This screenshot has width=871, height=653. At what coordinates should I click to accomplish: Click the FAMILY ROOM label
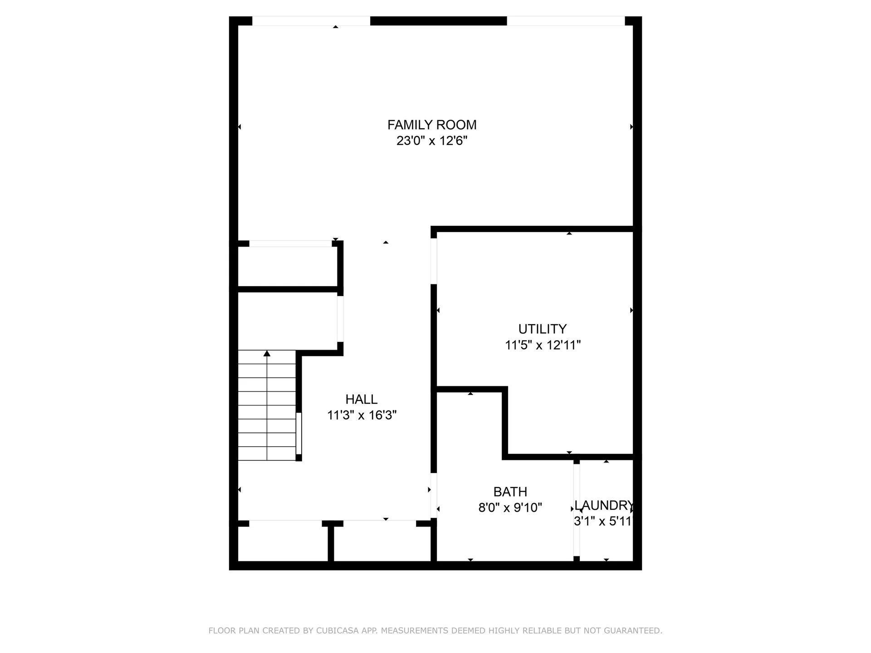coord(431,125)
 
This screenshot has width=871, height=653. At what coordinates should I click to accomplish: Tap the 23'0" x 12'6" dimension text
coord(431,141)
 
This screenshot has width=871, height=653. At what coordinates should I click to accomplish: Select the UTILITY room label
coord(542,329)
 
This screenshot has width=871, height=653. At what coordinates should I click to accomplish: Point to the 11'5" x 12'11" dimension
coord(543,345)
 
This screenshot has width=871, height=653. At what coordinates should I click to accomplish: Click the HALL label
coord(361,400)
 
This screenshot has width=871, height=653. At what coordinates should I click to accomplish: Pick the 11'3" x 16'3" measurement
coord(362,415)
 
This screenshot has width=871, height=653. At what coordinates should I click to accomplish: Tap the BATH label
coord(510,492)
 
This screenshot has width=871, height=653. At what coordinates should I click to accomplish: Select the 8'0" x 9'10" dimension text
coord(510,507)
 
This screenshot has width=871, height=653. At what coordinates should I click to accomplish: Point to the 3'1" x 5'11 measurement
coord(602,521)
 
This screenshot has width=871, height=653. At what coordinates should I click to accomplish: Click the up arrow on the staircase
coord(267,354)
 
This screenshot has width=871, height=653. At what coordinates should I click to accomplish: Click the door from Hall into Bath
coord(434,496)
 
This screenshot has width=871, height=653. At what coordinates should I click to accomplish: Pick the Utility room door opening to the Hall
coord(434,261)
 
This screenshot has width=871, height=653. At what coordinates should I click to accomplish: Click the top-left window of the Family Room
coord(311,21)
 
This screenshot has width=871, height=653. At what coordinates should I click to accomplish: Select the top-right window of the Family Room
coord(565,21)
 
